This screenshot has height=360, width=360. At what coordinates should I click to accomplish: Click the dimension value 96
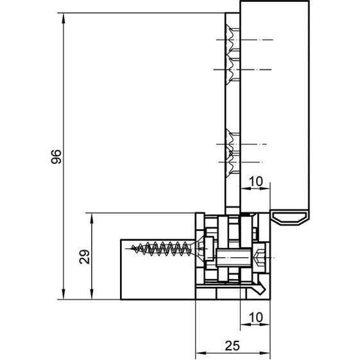(56, 157)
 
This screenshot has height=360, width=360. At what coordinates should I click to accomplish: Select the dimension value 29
(85, 257)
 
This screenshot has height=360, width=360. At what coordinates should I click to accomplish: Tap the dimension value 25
(232, 346)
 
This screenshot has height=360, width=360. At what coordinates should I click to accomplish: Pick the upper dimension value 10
(255, 182)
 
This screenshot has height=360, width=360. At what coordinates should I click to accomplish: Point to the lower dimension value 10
(255, 318)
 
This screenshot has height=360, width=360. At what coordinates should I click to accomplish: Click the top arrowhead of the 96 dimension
(64, 18)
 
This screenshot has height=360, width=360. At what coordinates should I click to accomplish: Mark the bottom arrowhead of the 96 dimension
(64, 295)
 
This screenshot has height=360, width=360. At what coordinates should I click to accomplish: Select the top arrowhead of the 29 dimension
(92, 218)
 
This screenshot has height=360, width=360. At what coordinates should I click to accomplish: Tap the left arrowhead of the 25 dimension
(200, 353)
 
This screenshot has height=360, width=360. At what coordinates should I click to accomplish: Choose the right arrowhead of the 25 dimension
(265, 353)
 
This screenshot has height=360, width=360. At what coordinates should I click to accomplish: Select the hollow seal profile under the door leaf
(289, 218)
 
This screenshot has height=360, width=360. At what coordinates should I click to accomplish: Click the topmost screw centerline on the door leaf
(244, 40)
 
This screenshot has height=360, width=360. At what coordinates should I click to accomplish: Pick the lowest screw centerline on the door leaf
(241, 162)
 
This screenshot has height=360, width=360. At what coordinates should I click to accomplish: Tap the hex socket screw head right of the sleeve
(259, 258)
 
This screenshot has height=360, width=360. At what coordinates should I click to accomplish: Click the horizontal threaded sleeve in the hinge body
(234, 257)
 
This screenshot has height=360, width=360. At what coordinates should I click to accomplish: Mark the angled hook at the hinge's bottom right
(261, 287)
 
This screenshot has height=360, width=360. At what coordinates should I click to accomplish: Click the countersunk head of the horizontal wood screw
(198, 249)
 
